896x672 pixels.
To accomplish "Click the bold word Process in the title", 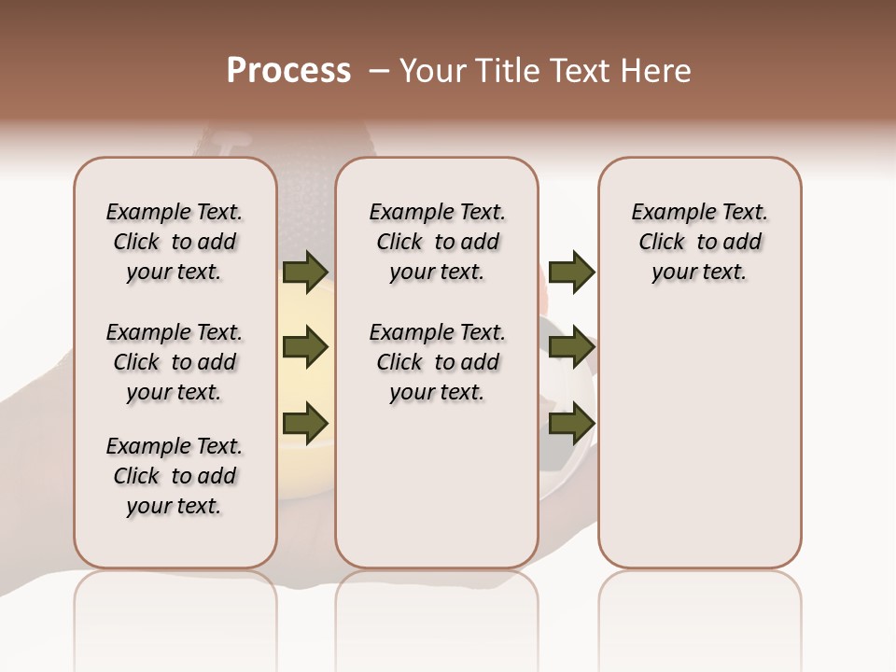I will point(288,70).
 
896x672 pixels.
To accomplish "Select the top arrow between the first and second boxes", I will point(305,273).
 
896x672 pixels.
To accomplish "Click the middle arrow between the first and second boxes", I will point(305,348).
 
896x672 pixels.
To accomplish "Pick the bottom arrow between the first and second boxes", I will point(305,423).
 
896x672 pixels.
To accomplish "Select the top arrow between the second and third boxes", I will point(571,273).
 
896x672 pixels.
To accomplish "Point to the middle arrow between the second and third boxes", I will point(571,348).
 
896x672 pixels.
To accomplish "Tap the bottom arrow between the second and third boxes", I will point(571,423).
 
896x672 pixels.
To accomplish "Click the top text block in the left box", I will point(175,242).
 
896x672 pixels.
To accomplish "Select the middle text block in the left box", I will point(175,362).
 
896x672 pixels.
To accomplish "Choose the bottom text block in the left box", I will point(175,476).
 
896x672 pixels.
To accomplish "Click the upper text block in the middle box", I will point(437,242).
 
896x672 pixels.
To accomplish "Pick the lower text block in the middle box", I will point(437,362).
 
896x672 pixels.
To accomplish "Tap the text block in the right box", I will point(700,242).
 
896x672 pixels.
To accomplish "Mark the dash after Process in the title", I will point(379,70).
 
